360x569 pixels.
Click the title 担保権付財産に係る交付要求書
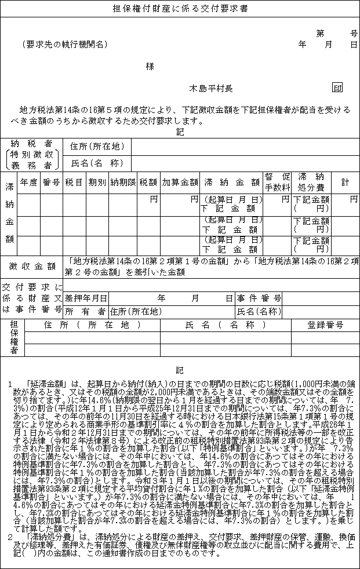coord(179,9)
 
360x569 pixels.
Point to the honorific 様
coord(150,66)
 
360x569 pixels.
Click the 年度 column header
coord(28,181)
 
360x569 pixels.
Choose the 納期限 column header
coord(123,181)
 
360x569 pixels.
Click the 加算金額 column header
coord(179,181)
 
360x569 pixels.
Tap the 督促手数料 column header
coord(277,181)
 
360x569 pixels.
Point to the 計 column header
coord(345,181)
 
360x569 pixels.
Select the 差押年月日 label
coord(86,298)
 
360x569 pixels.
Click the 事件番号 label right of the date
coord(259,298)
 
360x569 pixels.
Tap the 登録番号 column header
coord(325,324)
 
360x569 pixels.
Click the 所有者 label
coord(86,311)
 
